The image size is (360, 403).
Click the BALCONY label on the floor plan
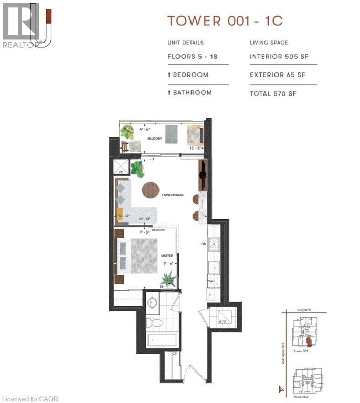coord(154,139)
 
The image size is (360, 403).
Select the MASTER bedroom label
coord(167,256)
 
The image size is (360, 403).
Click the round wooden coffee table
coord(151,189)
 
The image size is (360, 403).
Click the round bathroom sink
coord(152,303)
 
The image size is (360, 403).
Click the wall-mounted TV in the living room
coord(203,176)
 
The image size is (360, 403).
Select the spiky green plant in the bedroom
coord(168,279)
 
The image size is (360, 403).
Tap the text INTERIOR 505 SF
coord(277,57)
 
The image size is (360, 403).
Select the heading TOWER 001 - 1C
coord(225,21)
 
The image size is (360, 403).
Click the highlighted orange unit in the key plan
coord(309,343)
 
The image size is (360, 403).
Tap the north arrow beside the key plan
coord(281,389)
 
